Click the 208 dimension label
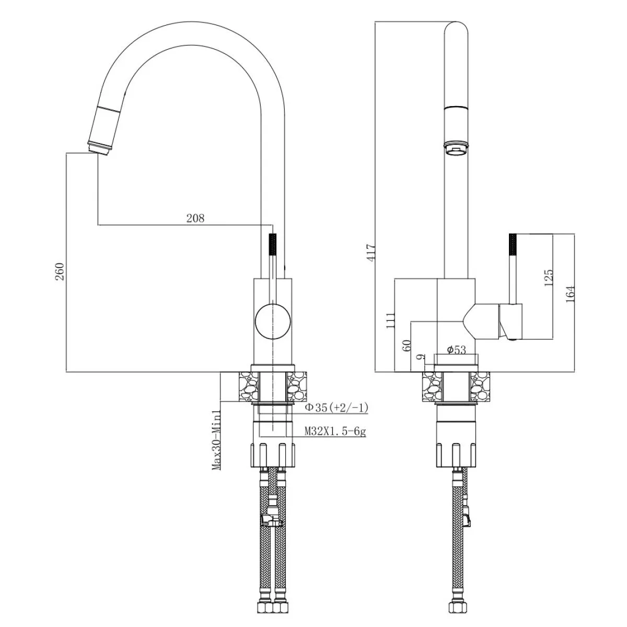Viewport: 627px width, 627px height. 195,218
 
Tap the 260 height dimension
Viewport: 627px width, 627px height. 61,272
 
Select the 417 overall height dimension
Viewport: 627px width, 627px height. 371,252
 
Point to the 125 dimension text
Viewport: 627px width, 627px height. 548,277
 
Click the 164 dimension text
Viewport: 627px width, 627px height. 571,294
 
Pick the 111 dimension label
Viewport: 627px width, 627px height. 390,320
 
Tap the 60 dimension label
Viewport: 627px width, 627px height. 407,345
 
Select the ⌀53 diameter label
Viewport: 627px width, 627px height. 457,350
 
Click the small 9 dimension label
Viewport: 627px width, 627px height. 421,357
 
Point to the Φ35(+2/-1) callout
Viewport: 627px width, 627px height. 336,408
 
